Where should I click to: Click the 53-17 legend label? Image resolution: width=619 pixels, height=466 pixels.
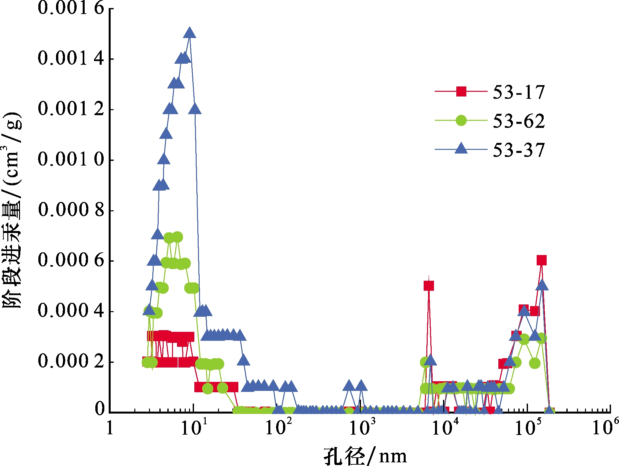pos(519,92)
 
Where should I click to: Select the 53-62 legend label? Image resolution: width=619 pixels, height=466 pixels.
pos(519,121)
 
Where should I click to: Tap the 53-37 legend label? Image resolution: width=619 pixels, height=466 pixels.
pos(519,150)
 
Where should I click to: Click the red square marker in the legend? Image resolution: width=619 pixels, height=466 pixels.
pos(461,91)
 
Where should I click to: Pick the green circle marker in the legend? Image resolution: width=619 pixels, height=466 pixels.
pos(461,120)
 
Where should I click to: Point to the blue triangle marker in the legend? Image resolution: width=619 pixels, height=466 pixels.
pos(461,148)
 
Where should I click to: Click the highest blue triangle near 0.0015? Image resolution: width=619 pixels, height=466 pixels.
pos(190,33)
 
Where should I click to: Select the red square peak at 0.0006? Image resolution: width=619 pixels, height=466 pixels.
pos(542,260)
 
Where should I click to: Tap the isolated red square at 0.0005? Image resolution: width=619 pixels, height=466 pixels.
pos(429,285)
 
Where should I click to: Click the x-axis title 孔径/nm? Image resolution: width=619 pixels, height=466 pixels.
pos(365,456)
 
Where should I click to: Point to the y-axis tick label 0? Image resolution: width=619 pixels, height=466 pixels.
pos(100,409)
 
